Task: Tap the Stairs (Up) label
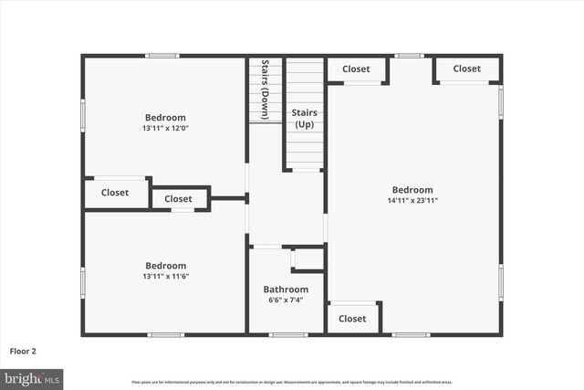(x=304, y=118)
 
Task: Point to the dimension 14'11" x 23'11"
(x=413, y=200)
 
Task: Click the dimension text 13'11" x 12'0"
(x=165, y=128)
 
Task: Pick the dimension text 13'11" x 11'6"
(x=165, y=276)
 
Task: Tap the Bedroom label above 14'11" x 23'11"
(x=413, y=190)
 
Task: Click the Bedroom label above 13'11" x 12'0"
(x=165, y=117)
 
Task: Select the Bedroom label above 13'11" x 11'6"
(x=165, y=266)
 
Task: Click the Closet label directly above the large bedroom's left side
(x=356, y=69)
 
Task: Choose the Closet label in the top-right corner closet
(x=466, y=69)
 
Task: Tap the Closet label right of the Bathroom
(x=353, y=319)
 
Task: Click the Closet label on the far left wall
(x=115, y=193)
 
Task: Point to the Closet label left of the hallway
(x=178, y=198)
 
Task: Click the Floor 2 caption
(x=23, y=350)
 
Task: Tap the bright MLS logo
(x=32, y=377)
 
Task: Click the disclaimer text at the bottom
(x=291, y=382)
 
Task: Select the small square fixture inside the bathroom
(x=308, y=258)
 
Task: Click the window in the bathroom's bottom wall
(x=287, y=334)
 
